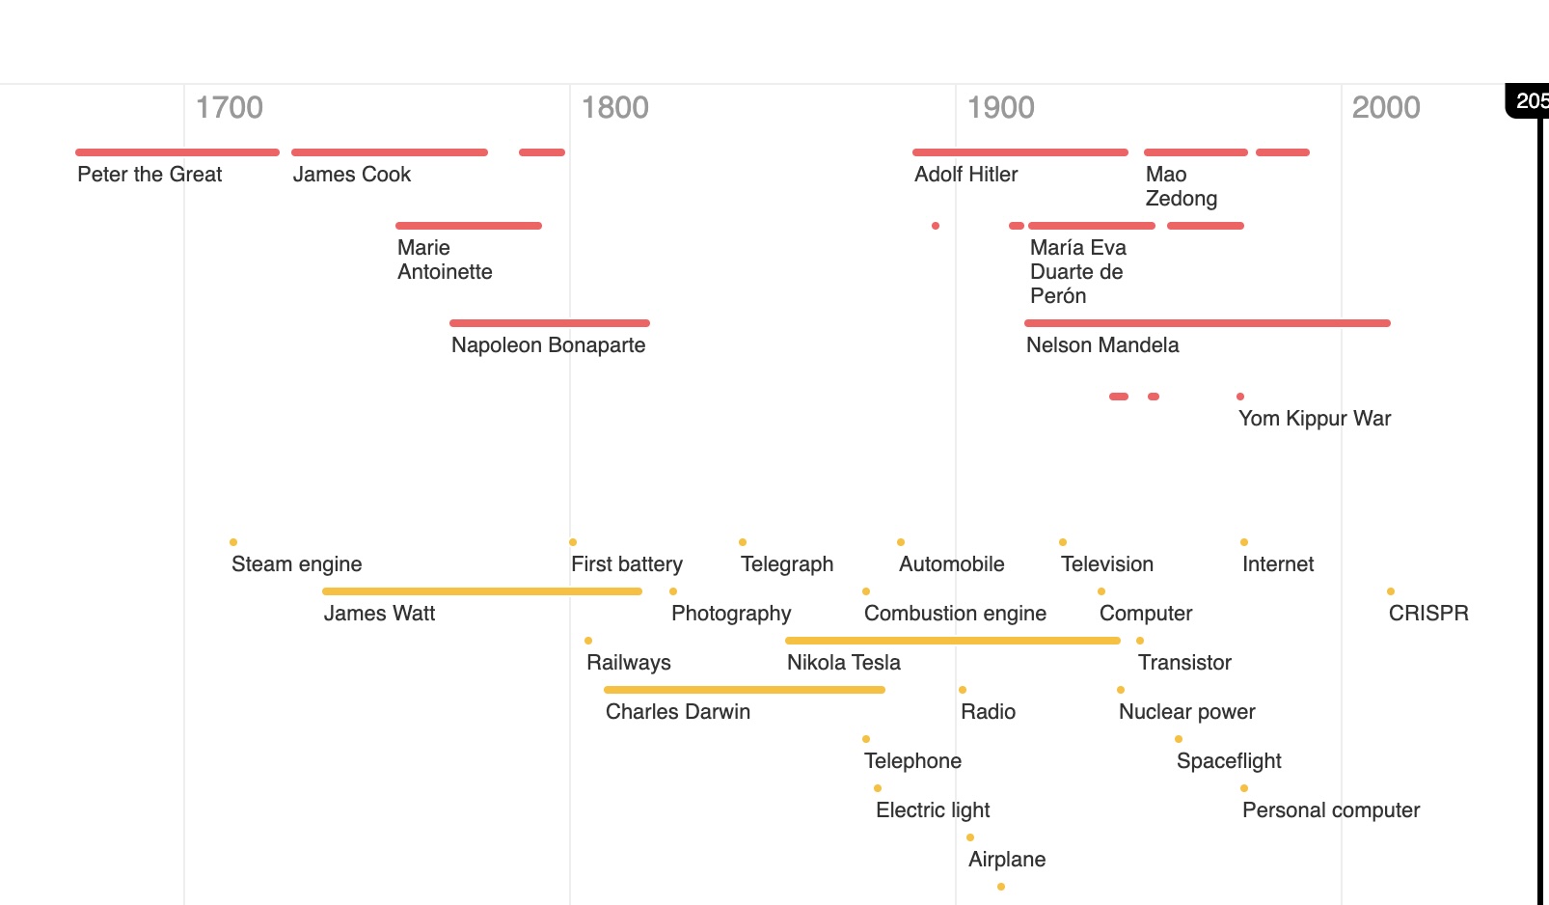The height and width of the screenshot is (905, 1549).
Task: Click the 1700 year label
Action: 229,107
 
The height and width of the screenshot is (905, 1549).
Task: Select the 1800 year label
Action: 614,107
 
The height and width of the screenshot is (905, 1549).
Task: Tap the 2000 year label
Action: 1385,107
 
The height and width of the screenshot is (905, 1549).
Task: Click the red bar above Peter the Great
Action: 177,152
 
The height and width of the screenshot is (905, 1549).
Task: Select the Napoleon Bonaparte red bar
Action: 550,323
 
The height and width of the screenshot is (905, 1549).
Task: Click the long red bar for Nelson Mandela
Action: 1207,323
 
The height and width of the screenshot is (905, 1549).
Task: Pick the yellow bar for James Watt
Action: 482,591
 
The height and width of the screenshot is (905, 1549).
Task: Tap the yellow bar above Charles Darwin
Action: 744,690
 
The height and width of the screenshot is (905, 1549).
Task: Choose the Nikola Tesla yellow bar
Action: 953,641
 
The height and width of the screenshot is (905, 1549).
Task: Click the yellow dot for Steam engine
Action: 233,542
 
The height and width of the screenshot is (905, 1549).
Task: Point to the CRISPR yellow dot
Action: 1391,591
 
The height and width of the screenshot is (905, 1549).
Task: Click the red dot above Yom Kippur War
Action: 1240,397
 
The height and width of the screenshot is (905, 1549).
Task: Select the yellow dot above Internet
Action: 1244,542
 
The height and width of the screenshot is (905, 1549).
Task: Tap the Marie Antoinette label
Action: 445,260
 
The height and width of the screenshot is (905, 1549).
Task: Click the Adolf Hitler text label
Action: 965,175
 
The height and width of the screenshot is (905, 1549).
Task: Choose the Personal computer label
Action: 1331,810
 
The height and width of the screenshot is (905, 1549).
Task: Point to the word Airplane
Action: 1007,860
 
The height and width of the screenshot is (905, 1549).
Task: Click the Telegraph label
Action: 787,564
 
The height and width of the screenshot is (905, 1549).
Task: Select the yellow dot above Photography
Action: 673,591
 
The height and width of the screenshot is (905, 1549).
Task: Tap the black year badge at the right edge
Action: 1530,100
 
